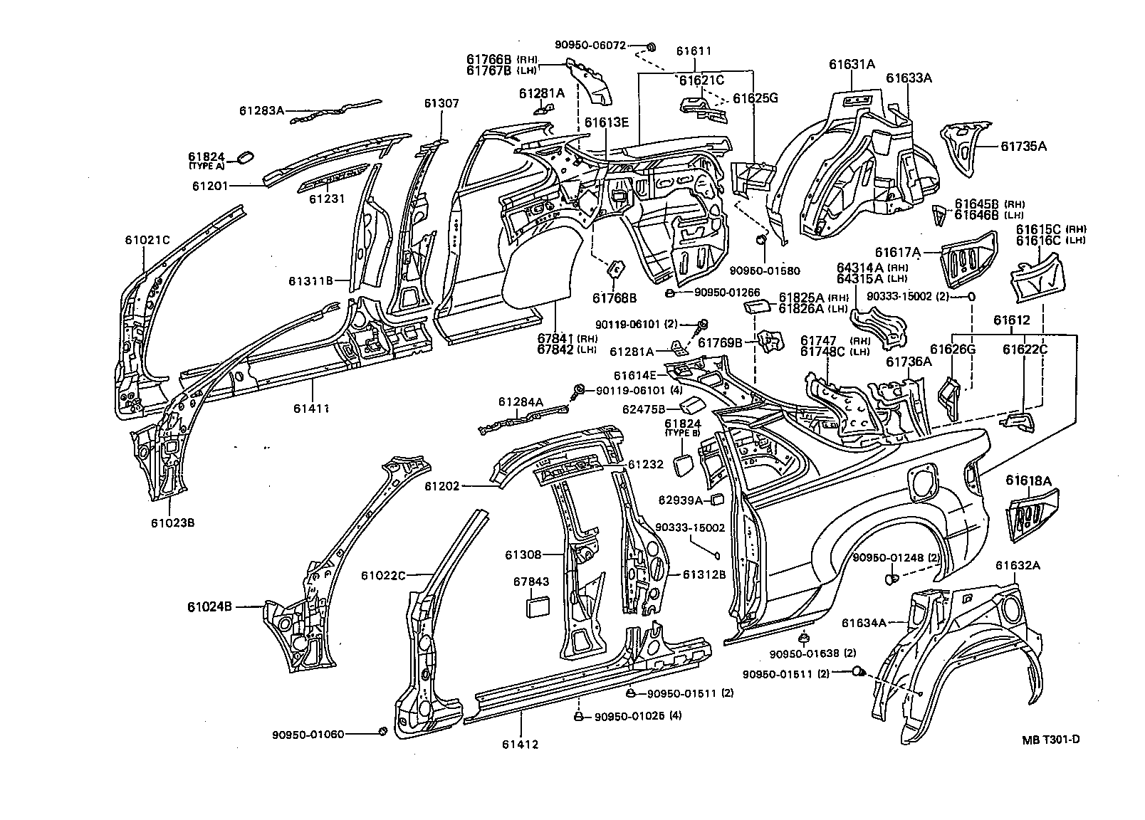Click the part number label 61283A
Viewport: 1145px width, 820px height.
click(x=261, y=110)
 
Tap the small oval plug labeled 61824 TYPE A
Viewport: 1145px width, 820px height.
click(x=243, y=157)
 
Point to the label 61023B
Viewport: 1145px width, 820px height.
click(x=172, y=522)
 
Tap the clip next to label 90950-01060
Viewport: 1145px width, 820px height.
click(x=382, y=732)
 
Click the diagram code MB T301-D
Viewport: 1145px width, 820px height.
click(x=1051, y=739)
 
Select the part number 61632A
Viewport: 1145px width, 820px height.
click(x=1018, y=566)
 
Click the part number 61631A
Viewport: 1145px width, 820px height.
click(x=852, y=64)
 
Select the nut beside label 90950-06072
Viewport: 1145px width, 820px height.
click(x=650, y=47)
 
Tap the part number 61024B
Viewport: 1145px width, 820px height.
click(x=210, y=606)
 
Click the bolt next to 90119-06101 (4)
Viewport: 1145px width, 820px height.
click(x=579, y=389)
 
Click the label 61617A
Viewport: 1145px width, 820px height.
click(x=898, y=252)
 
